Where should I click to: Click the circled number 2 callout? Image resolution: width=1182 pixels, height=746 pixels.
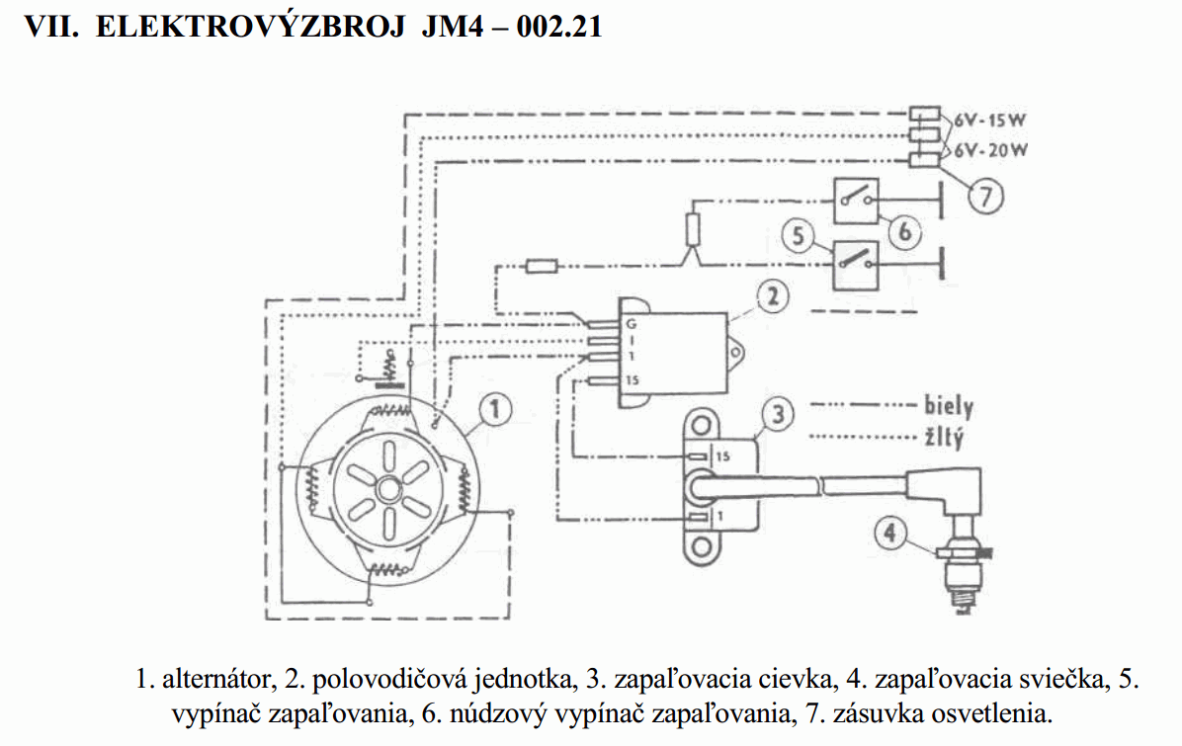pos(773,293)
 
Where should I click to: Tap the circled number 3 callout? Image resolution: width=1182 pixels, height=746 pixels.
pos(779,415)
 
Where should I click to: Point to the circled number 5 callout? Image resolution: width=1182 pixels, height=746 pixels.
pos(797,235)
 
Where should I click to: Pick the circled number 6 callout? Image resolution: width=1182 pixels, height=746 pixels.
pos(904,233)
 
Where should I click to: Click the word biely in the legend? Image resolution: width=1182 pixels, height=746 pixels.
pos(948,406)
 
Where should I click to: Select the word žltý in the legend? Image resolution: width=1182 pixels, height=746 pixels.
pos(944,436)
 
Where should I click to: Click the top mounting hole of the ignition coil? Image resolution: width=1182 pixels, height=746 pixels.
pos(701,425)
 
